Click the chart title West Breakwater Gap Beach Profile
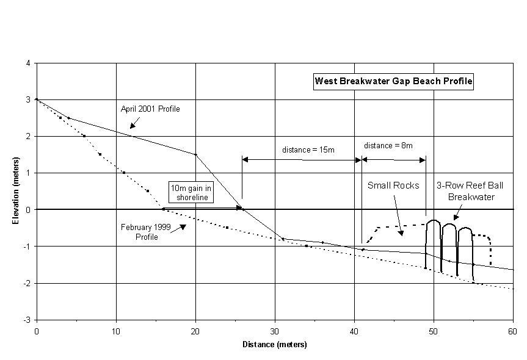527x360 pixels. pyautogui.click(x=393, y=81)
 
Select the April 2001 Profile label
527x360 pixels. pyautogui.click(x=150, y=109)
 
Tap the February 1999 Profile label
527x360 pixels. pyautogui.click(x=146, y=232)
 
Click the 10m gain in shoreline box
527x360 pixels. pyautogui.click(x=191, y=192)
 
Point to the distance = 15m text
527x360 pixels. pyautogui.click(x=308, y=149)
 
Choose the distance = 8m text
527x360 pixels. pyautogui.click(x=388, y=145)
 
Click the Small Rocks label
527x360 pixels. pyautogui.click(x=393, y=185)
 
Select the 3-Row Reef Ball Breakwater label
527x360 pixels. pyautogui.click(x=470, y=191)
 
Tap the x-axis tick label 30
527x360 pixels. pyautogui.click(x=275, y=332)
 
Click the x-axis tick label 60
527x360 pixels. pyautogui.click(x=512, y=332)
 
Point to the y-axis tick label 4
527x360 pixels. pyautogui.click(x=28, y=63)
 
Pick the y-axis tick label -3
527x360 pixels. pyautogui.click(x=26, y=320)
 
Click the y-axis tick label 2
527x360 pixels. pyautogui.click(x=28, y=136)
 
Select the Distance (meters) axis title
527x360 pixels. pyautogui.click(x=275, y=345)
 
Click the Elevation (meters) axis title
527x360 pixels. pyautogui.click(x=16, y=190)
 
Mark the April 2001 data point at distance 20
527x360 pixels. pyautogui.click(x=195, y=154)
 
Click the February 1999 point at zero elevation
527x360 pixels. pyautogui.click(x=163, y=209)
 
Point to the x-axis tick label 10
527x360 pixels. pyautogui.click(x=116, y=332)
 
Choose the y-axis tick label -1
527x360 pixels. pyautogui.click(x=26, y=247)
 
